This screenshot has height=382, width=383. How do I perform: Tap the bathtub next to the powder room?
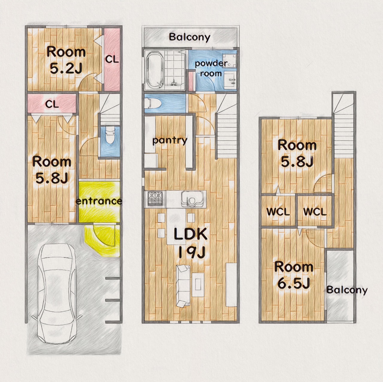coord(155,70)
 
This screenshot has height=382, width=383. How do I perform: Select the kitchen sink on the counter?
coord(192,199)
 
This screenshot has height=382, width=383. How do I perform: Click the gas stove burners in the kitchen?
coord(155,198)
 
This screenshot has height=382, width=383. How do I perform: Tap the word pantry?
coord(170,140)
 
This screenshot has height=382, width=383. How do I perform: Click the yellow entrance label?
coord(99,201)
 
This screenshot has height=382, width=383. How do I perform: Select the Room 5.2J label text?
coord(66,60)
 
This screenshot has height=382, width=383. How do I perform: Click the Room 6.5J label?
coord(294,275)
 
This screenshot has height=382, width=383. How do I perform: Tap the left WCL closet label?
coord(278,212)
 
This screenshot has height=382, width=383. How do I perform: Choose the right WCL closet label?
coord(315,212)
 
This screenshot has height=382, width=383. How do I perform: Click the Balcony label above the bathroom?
coord(190,37)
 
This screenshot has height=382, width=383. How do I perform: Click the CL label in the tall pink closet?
coord(112,59)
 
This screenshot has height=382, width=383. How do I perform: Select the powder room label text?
coord(211,68)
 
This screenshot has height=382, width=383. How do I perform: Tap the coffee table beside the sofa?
coord(198,285)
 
